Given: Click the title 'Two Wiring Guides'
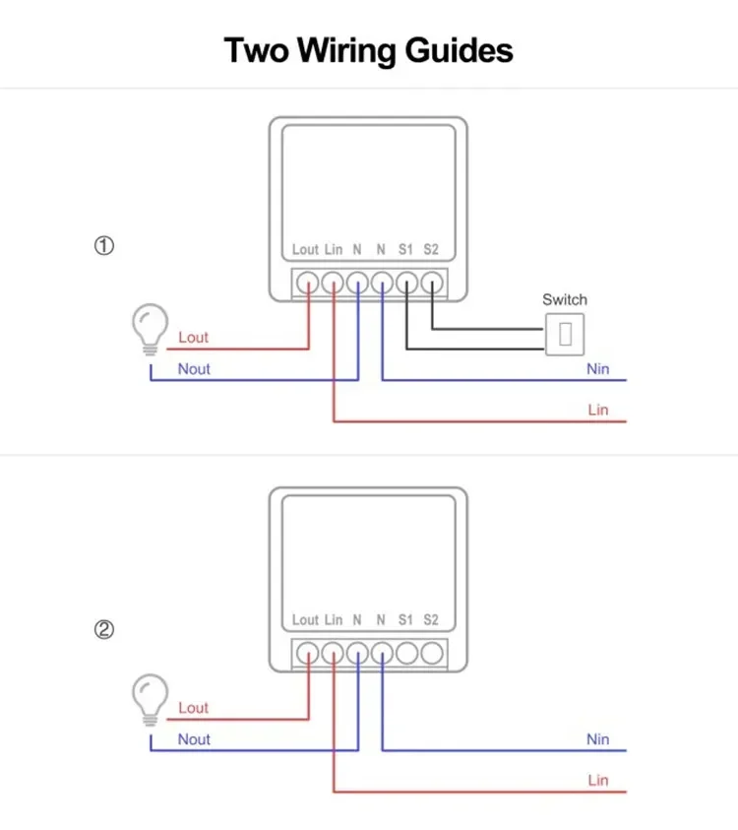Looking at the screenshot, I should (x=369, y=49).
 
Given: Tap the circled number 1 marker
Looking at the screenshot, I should (x=104, y=246).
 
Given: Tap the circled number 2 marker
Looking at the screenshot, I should (x=104, y=630).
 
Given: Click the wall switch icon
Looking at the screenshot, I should (x=565, y=333).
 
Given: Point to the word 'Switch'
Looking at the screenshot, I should (x=565, y=299).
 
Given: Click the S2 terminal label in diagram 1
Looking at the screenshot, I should (x=431, y=250).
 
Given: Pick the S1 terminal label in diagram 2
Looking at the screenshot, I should (x=405, y=620).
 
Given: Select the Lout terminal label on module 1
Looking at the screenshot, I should (x=305, y=250).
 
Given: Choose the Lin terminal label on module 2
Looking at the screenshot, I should (x=334, y=620).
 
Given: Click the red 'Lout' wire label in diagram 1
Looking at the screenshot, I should (x=194, y=338).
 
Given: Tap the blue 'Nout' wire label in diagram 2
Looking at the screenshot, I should (x=194, y=739).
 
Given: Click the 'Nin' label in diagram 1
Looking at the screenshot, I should (x=598, y=369).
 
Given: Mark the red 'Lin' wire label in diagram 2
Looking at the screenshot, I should (x=598, y=781).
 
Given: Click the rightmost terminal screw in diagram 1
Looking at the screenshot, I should (x=432, y=283).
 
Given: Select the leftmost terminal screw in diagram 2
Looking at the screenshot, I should (x=308, y=653).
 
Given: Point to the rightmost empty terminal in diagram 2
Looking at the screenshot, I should (x=432, y=653).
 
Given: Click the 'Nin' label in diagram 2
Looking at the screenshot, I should (x=598, y=739).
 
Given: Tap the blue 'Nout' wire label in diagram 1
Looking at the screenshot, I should (x=194, y=369).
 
